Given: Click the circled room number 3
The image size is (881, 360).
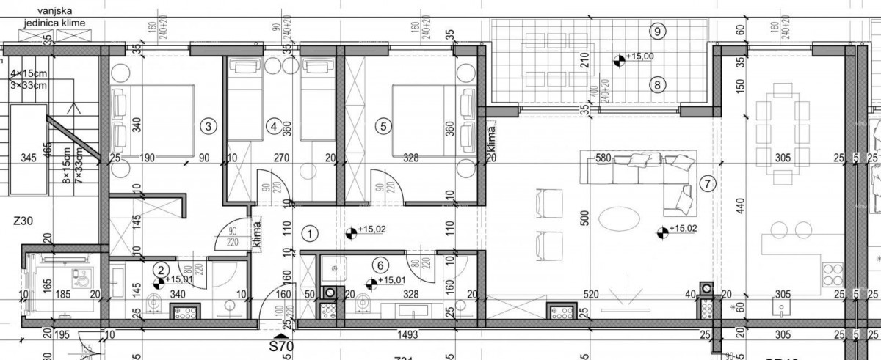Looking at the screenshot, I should (209, 126).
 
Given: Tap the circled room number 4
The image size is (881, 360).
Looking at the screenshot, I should (273, 126).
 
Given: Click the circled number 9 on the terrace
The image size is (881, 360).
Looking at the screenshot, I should (658, 31).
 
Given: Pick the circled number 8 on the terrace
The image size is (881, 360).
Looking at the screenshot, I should (658, 84).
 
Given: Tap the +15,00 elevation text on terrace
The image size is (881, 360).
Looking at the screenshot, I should (639, 56).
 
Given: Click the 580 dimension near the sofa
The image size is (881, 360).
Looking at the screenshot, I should (603, 157).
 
